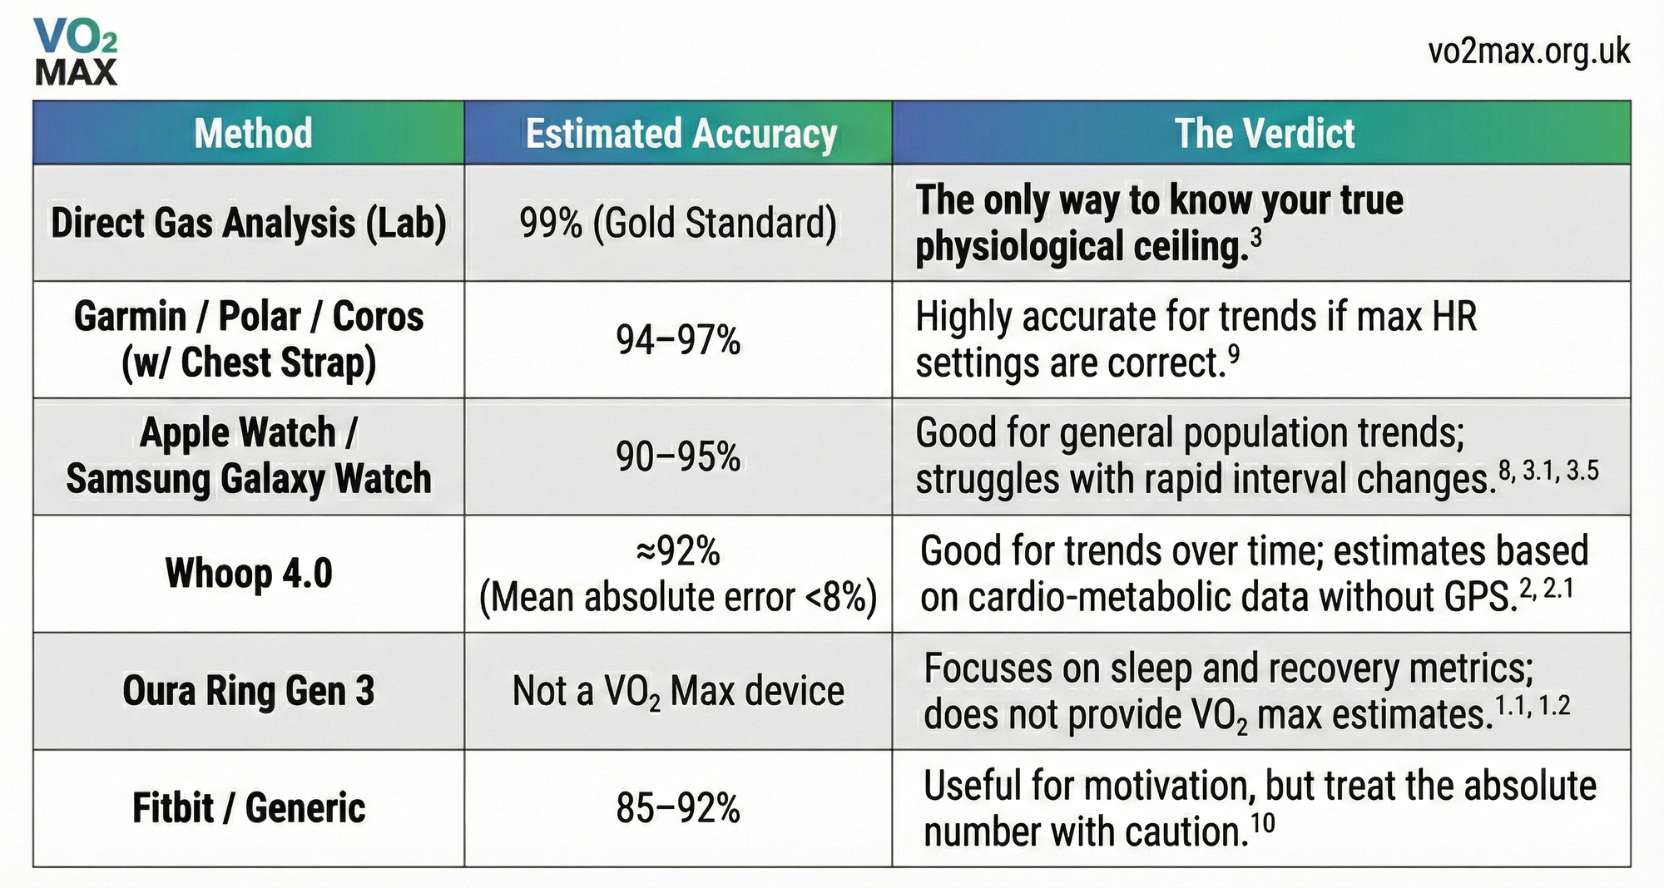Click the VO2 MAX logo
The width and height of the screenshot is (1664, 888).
pos(76,52)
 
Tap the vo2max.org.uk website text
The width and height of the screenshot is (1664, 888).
pos(1528,52)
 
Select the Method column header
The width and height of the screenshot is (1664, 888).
pos(253,133)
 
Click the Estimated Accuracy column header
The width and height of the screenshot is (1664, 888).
pos(681,133)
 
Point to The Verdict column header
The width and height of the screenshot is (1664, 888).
pos(1264,133)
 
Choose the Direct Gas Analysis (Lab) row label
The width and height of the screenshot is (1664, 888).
pos(249,223)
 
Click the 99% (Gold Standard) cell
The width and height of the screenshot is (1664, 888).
pos(678,223)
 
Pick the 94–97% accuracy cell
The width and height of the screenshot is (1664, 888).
pos(678,340)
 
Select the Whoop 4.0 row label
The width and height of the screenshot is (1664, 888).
pos(249,574)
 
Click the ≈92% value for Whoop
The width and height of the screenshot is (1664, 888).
pos(678,550)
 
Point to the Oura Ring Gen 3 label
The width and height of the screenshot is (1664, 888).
pos(249,691)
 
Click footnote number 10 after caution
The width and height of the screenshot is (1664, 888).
pos(1262,823)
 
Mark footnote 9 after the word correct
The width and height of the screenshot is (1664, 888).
pos(1234,355)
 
